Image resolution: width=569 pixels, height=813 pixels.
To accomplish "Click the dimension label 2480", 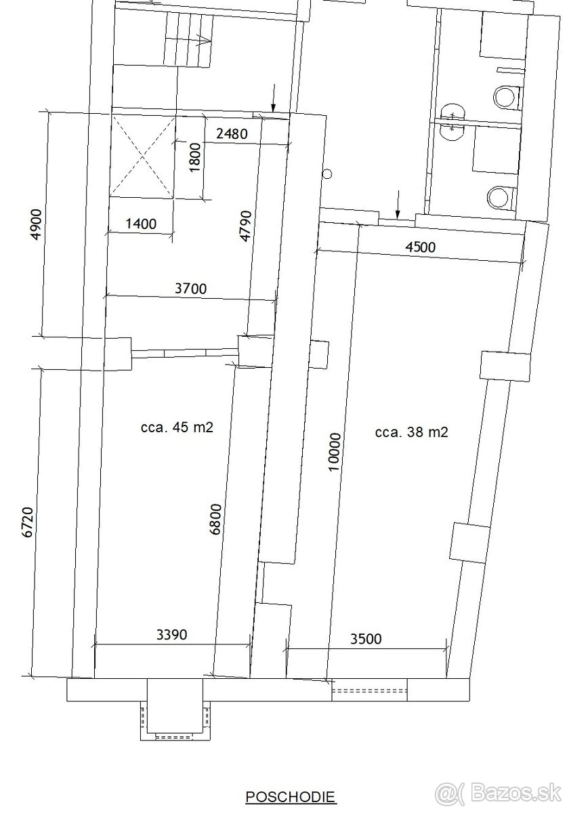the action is (x=232, y=134).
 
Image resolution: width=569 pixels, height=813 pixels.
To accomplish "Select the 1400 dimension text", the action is (x=141, y=224).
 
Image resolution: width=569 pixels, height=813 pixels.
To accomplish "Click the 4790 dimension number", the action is (x=246, y=226).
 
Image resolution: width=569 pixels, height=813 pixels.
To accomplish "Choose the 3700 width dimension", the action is (x=191, y=289).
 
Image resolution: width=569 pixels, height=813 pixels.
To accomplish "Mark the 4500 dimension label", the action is (x=420, y=247).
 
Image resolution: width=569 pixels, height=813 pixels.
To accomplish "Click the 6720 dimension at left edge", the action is (x=28, y=522).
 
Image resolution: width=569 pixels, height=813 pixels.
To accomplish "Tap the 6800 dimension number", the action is (x=216, y=520).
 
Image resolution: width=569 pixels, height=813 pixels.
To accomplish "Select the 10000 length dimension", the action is (x=335, y=452).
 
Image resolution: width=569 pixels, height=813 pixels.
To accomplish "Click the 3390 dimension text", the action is (x=171, y=634).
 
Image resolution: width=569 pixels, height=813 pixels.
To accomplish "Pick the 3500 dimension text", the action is (x=366, y=639).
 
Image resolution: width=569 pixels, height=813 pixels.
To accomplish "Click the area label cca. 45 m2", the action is (x=177, y=428).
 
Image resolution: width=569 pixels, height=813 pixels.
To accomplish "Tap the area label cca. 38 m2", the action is (x=412, y=432).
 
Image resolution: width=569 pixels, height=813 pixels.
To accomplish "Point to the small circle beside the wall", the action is (x=328, y=174).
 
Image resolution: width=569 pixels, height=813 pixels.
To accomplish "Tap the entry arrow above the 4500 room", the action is (x=398, y=205).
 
